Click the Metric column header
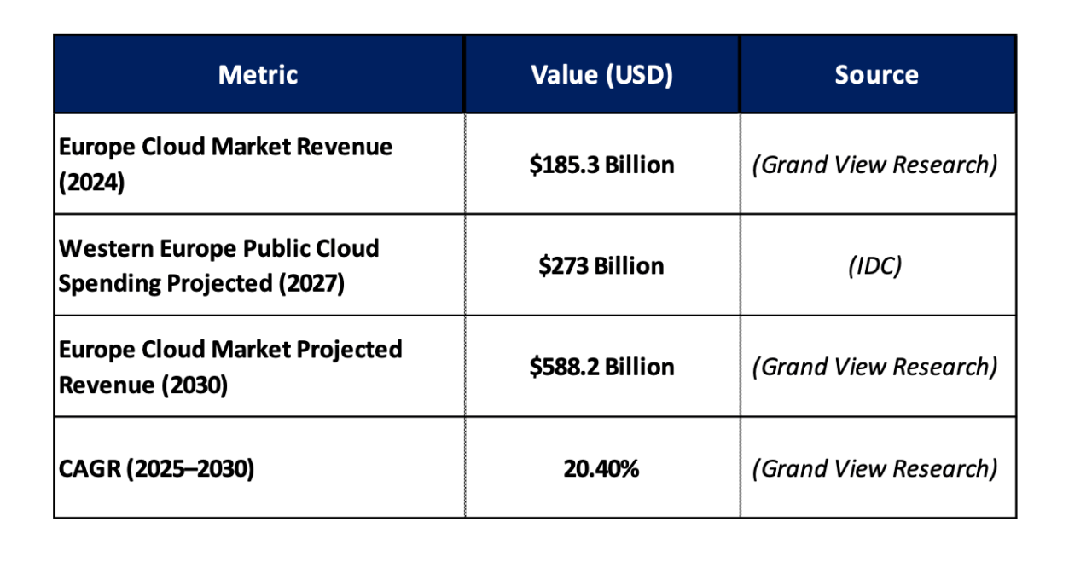pyautogui.click(x=258, y=75)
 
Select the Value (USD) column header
pyautogui.click(x=601, y=75)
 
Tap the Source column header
pyautogui.click(x=876, y=75)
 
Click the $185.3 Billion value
pyautogui.click(x=601, y=164)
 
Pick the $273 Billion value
pyautogui.click(x=601, y=265)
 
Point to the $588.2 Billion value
pyautogui.click(x=601, y=367)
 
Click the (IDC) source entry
pyautogui.click(x=876, y=265)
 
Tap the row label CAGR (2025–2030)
pyautogui.click(x=156, y=468)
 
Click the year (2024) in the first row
pyautogui.click(x=91, y=183)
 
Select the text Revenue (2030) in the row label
pyautogui.click(x=142, y=385)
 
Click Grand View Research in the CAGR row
pyautogui.click(x=876, y=468)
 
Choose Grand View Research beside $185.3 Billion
pyautogui.click(x=876, y=164)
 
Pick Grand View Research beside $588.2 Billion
pyautogui.click(x=876, y=367)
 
